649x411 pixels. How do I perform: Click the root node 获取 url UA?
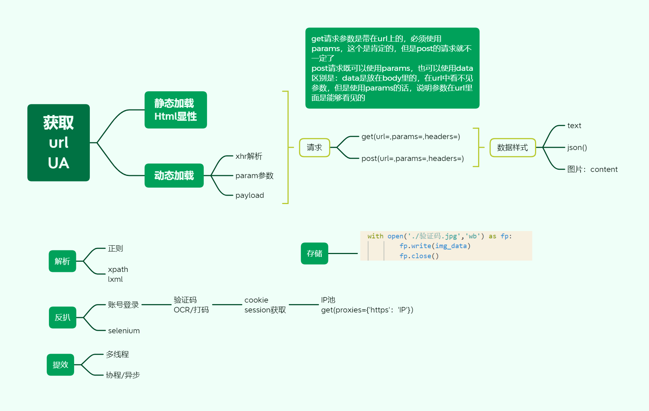pyautogui.click(x=58, y=143)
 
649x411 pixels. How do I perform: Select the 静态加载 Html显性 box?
pyautogui.click(x=176, y=110)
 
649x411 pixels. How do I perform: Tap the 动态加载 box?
pyautogui.click(x=174, y=176)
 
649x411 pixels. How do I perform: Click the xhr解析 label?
pyautogui.click(x=249, y=156)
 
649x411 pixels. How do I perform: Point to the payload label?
pyautogui.click(x=249, y=195)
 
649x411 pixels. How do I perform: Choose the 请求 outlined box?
pyautogui.click(x=314, y=147)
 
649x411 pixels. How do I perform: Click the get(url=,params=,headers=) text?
pyautogui.click(x=411, y=137)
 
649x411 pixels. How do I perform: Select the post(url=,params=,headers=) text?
pyautogui.click(x=412, y=158)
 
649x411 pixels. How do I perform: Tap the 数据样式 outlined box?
pyautogui.click(x=512, y=147)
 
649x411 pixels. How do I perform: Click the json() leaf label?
pyautogui.click(x=577, y=147)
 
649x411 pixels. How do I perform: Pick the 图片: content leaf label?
pyautogui.click(x=592, y=169)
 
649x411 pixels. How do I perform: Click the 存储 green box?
pyautogui.click(x=314, y=253)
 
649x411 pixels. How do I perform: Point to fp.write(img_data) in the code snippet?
pyautogui.click(x=435, y=246)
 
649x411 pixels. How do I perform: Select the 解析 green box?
pyautogui.click(x=62, y=261)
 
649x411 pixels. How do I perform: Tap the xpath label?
pyautogui.click(x=118, y=269)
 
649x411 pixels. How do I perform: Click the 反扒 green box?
pyautogui.click(x=62, y=317)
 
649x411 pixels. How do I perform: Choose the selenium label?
pyautogui.click(x=124, y=331)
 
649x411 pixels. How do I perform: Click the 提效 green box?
pyautogui.click(x=60, y=365)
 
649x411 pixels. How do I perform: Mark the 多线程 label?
pyautogui.click(x=117, y=354)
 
